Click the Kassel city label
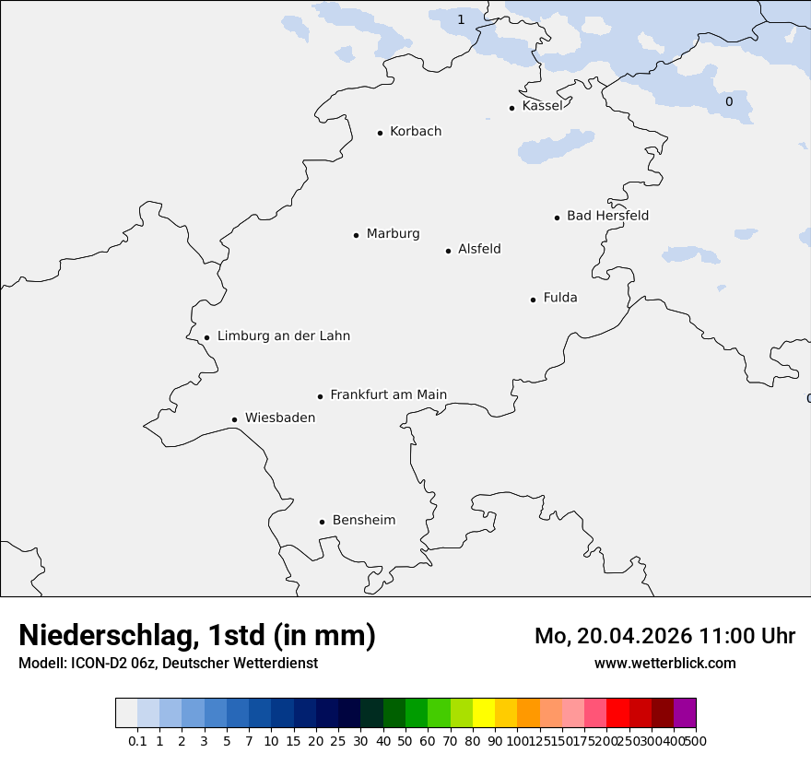542,106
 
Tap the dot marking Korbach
380,133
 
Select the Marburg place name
393,234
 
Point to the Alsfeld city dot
449,251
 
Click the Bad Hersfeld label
607,216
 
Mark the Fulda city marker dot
533,300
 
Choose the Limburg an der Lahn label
284,336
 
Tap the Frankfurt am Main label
388,394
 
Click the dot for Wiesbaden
235,419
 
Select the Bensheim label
364,520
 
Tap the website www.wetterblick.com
664,663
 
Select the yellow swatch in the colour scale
484,713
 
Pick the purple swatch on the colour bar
685,713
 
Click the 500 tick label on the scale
696,740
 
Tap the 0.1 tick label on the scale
137,740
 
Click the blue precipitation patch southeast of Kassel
556,147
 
